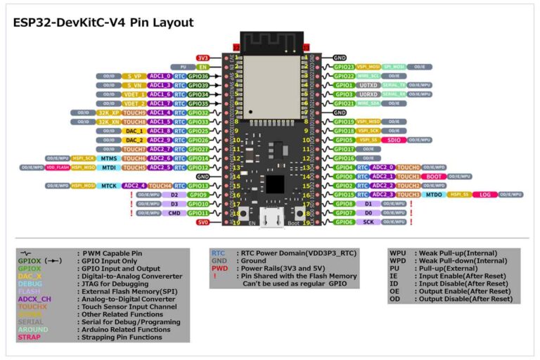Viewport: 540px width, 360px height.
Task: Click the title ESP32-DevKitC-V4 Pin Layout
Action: [x=103, y=22]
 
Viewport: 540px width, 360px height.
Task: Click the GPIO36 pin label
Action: [x=199, y=76]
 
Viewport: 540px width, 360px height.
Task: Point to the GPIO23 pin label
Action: [x=344, y=67]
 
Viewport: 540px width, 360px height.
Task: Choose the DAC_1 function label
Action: [x=134, y=131]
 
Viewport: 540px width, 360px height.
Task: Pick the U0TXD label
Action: [x=369, y=85]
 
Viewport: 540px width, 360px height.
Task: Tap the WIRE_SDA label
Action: [x=368, y=103]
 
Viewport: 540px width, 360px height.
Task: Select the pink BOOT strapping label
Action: [x=435, y=176]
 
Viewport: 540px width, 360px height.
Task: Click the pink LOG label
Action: [x=484, y=195]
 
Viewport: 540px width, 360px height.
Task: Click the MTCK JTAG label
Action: [x=108, y=186]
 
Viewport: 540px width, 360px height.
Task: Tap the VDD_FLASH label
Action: [x=58, y=167]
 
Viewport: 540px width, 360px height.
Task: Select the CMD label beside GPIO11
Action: [x=174, y=213]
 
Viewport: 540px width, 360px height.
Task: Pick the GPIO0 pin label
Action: [x=344, y=176]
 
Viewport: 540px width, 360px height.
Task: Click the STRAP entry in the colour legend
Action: [x=30, y=337]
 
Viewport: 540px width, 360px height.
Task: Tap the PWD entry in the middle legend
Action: [x=219, y=268]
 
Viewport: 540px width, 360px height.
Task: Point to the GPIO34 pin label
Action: [x=199, y=94]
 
